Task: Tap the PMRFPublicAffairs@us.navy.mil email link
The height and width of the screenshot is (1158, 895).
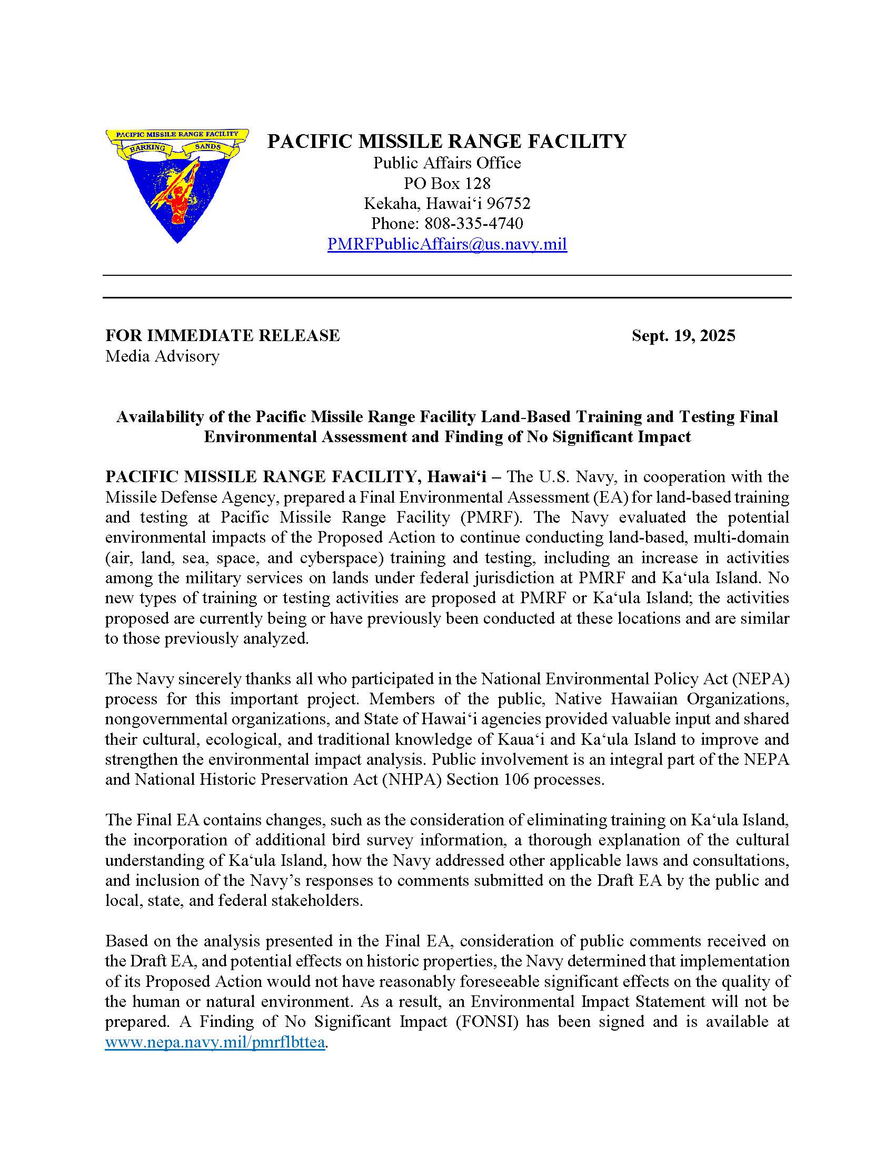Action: (447, 244)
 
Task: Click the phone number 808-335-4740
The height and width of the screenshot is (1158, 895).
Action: (473, 223)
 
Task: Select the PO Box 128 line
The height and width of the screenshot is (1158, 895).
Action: (447, 184)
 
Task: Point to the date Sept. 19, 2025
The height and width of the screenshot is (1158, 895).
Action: (683, 336)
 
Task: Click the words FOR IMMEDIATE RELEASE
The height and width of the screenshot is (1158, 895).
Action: (223, 336)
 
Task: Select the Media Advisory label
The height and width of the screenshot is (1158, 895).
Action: (162, 356)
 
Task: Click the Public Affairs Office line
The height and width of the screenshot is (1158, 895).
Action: (447, 163)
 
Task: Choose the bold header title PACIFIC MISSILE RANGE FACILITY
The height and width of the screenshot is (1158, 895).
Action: (447, 141)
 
